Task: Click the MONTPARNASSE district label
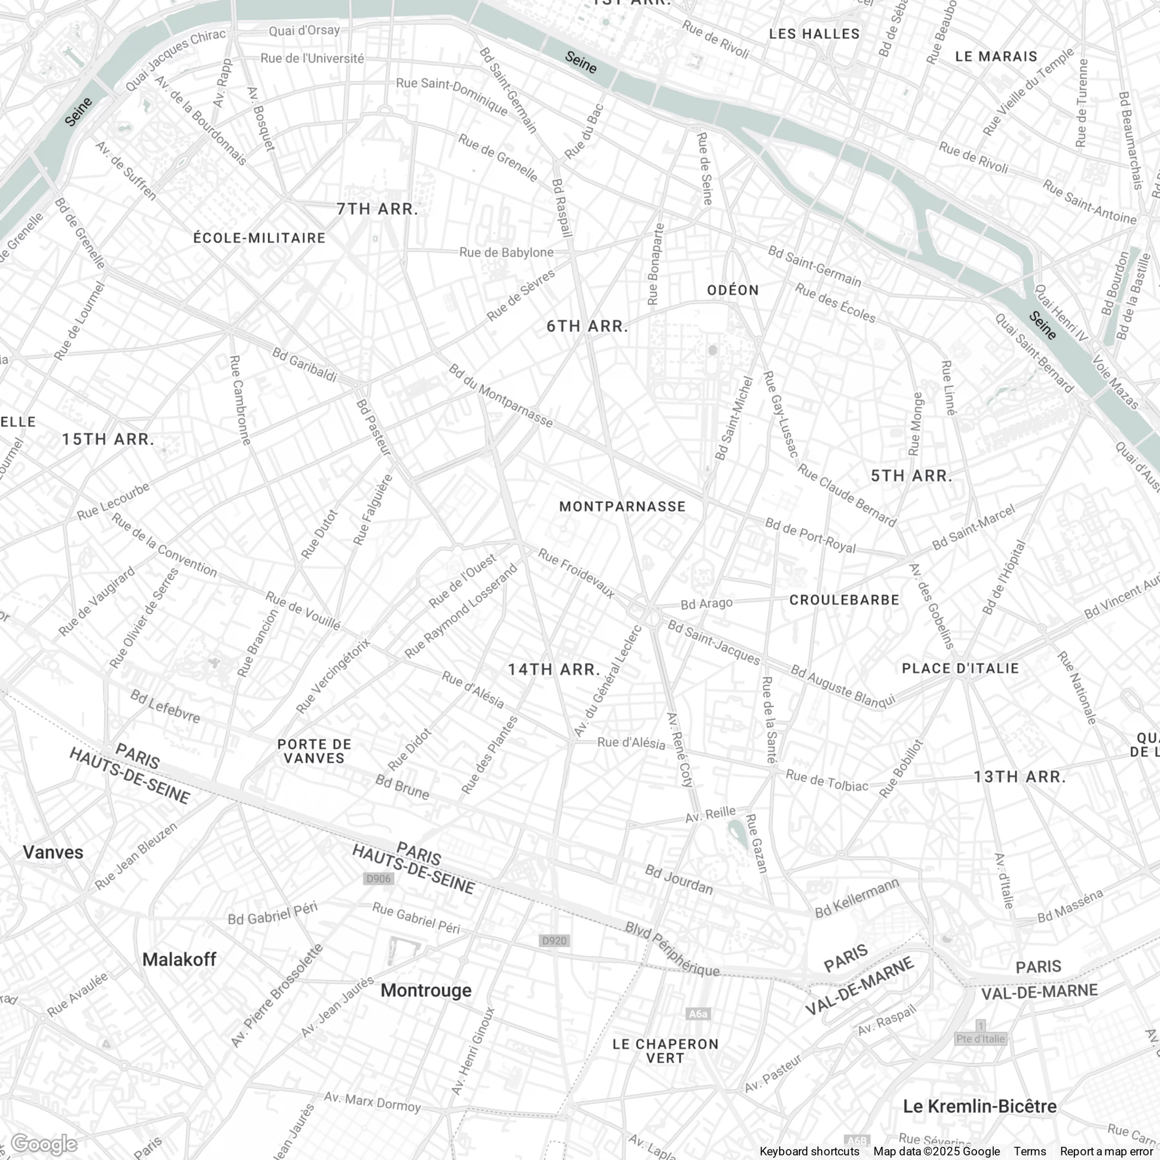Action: [622, 506]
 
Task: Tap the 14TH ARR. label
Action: [553, 669]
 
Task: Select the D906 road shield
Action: [378, 878]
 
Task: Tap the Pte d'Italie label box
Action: [980, 1038]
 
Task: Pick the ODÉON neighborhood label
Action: [733, 290]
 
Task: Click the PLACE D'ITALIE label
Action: [960, 668]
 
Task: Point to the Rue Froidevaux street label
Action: [576, 574]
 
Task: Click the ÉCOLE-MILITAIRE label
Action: [259, 238]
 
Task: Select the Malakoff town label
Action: [179, 959]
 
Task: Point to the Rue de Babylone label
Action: [506, 252]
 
